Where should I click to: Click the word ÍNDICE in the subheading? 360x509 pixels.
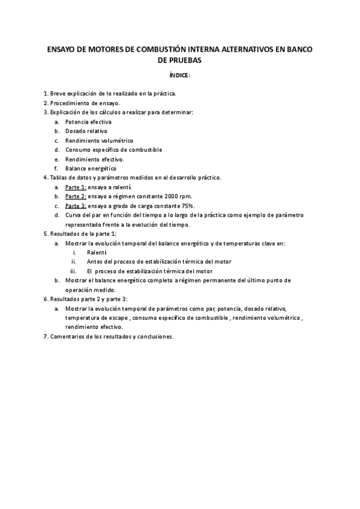(180, 76)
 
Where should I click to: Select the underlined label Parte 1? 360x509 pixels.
(76, 187)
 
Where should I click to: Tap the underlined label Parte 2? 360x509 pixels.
(76, 196)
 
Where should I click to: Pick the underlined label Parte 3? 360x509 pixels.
(76, 205)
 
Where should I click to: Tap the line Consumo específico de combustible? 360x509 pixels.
(113, 149)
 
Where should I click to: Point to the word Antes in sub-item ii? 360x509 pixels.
(95, 262)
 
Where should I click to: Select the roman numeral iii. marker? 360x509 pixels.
(75, 271)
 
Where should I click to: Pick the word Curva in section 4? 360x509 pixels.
(74, 215)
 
